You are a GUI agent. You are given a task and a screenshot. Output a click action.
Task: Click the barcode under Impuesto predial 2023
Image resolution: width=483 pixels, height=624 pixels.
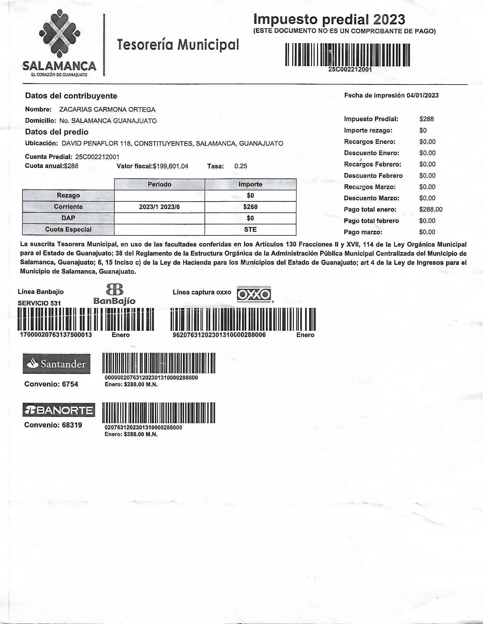(x=347, y=55)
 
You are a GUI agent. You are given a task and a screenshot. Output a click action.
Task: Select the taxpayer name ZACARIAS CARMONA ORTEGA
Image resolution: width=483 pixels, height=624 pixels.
(x=107, y=109)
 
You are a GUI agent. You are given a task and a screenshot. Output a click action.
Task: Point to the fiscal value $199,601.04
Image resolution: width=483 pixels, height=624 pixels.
(x=170, y=166)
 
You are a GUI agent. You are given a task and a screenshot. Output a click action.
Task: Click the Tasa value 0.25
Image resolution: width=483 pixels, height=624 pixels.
(x=241, y=166)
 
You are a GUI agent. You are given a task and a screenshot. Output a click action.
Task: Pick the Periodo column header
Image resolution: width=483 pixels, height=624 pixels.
(x=159, y=184)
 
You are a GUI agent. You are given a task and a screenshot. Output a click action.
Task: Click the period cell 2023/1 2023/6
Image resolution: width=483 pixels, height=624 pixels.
(x=159, y=207)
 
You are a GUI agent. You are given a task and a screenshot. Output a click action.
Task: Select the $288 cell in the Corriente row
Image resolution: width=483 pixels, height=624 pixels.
(x=250, y=207)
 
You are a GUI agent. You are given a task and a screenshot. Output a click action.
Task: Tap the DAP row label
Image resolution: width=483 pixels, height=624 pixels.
(x=68, y=218)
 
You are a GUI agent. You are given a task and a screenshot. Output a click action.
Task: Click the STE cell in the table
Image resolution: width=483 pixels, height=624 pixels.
(x=250, y=229)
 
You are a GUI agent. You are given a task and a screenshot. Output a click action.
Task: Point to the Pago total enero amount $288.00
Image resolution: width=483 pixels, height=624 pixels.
(x=431, y=209)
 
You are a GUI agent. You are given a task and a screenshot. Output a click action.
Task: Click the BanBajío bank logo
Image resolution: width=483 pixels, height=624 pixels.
(x=114, y=294)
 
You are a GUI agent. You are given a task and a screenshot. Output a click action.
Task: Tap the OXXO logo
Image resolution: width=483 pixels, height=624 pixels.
(x=254, y=294)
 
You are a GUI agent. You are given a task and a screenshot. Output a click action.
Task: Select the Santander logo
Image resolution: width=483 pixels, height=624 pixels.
(x=56, y=364)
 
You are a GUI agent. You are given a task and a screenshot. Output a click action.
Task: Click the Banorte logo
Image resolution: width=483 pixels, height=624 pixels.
(x=59, y=411)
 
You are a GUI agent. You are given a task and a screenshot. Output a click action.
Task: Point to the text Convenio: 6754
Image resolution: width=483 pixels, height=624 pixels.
(x=51, y=384)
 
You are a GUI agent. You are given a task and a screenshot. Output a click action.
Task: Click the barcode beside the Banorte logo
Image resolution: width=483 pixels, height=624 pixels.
(x=159, y=413)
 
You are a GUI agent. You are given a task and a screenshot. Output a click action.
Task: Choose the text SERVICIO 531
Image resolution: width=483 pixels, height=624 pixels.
(x=39, y=303)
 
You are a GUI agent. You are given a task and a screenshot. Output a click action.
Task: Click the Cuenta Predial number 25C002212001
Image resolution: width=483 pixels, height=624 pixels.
(x=97, y=157)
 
